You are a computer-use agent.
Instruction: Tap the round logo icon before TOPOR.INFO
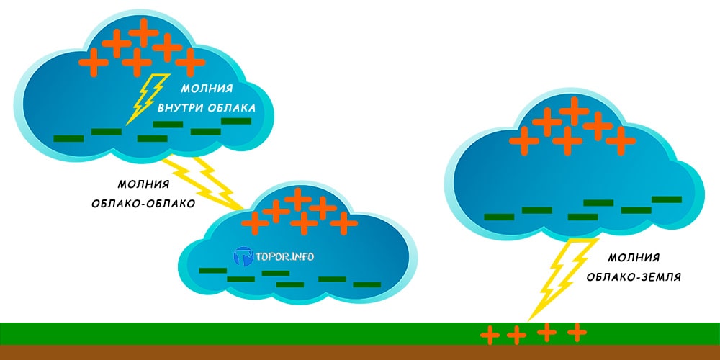[244, 256]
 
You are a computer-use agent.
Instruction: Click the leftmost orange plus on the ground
[490, 335]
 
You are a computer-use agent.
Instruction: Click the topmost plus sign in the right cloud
[574, 109]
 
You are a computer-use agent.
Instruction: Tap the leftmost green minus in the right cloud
[498, 217]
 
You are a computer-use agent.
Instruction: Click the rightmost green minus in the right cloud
[666, 199]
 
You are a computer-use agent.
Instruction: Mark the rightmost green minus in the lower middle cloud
[366, 285]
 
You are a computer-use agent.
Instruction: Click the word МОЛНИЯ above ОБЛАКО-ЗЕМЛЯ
[634, 257]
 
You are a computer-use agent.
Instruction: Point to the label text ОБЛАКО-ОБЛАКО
[143, 203]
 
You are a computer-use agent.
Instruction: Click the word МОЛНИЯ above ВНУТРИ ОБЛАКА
[207, 89]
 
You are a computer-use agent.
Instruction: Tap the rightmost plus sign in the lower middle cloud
[343, 224]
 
